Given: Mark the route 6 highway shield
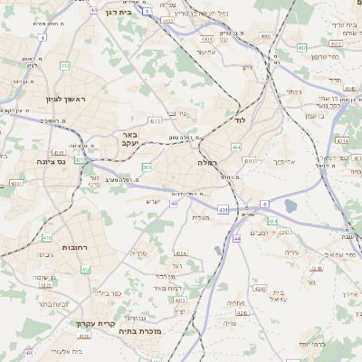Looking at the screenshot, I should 264,204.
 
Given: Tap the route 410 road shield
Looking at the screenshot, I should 47,238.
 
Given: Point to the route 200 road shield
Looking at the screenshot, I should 147,167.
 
